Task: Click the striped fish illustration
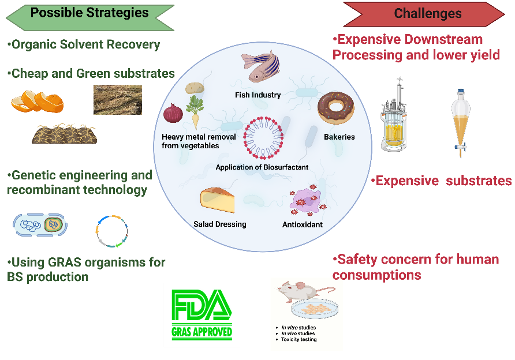click(260, 66)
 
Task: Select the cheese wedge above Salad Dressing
click(217, 200)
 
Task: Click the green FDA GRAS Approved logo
click(201, 314)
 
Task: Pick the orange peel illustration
click(38, 100)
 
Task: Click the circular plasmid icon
click(111, 230)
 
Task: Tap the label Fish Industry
click(257, 95)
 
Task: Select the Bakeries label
click(339, 137)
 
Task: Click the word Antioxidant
click(303, 224)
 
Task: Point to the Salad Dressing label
click(220, 224)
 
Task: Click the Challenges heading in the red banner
click(427, 14)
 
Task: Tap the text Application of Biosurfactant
click(262, 167)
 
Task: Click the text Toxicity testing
click(298, 339)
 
